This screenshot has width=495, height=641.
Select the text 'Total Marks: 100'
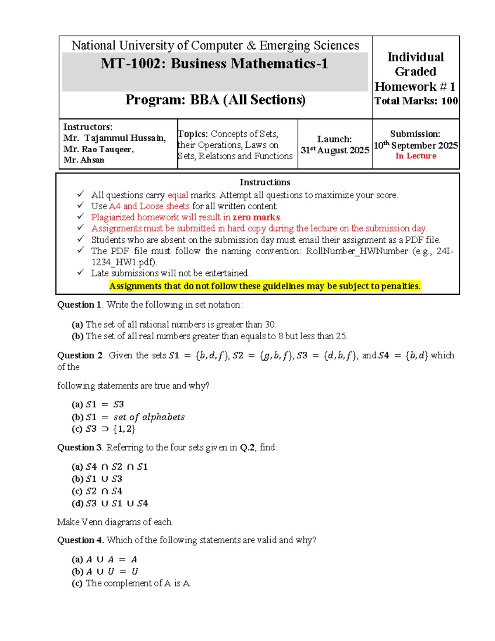click(x=416, y=101)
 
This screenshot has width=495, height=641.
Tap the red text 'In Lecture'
click(x=416, y=156)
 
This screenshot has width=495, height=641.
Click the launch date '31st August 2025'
click(x=335, y=150)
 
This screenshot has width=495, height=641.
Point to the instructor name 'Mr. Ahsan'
click(x=84, y=160)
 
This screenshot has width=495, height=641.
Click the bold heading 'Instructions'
click(x=265, y=182)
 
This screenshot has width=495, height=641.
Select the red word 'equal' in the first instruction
click(x=178, y=195)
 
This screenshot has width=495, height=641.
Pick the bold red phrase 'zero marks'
click(x=256, y=218)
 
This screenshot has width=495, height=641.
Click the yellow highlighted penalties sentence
click(x=265, y=286)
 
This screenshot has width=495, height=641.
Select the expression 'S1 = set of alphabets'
click(x=135, y=417)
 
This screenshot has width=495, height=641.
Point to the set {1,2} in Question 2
click(x=124, y=429)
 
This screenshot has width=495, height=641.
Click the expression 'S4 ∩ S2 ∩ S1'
click(x=117, y=467)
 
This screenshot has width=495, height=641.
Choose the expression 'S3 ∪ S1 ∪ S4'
click(x=117, y=504)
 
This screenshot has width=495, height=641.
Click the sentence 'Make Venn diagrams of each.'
click(x=115, y=522)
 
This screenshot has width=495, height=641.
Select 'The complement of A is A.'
click(x=138, y=583)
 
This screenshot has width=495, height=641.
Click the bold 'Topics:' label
click(x=193, y=134)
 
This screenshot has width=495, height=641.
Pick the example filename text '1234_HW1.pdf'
click(x=124, y=262)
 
